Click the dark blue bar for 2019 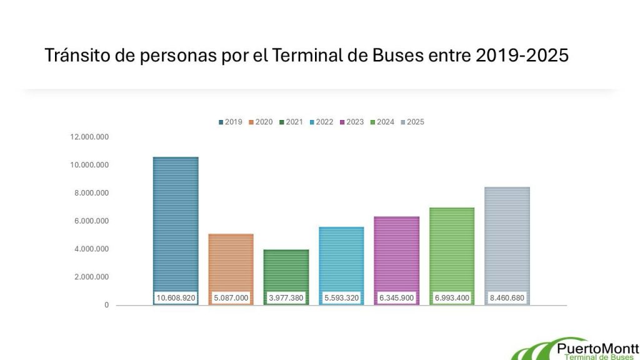pos(176,225)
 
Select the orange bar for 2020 pos(231,262)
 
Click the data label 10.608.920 pos(176,298)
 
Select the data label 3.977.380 pos(286,298)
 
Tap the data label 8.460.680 pos(507,298)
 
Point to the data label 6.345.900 pos(396,298)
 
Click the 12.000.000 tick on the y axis pos(90,137)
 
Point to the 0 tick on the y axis pos(107,305)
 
